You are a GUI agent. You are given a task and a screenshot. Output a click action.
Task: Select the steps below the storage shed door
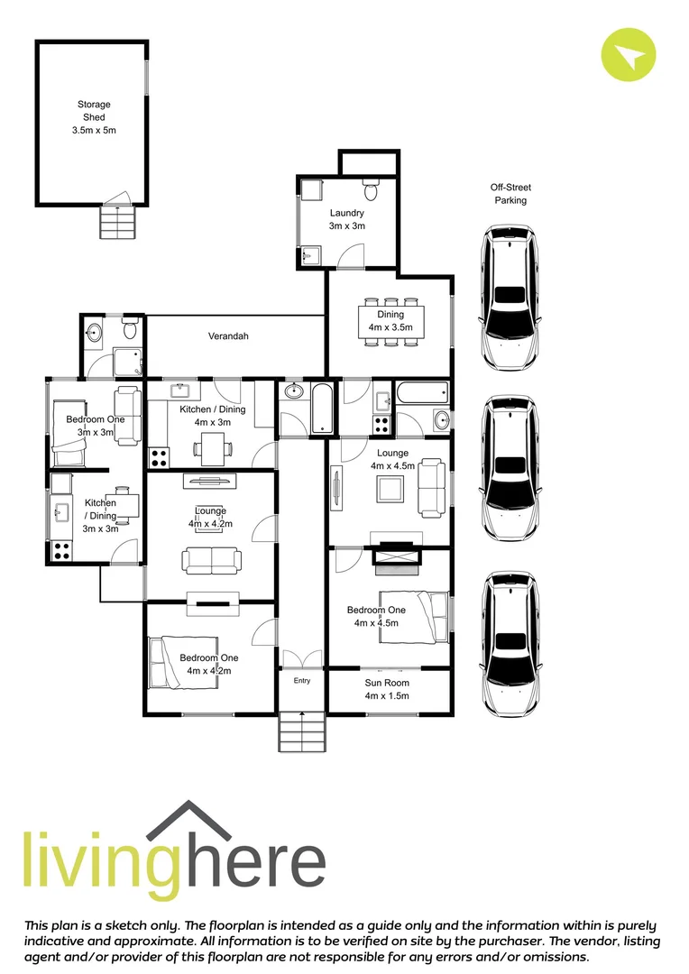coord(116,222)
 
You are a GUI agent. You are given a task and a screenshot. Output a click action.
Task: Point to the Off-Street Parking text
coord(510,194)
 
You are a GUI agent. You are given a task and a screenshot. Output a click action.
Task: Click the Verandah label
coord(228,336)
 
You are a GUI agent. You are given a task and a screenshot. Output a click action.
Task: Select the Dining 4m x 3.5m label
coord(390,321)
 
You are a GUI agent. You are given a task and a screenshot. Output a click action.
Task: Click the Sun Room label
coord(387,689)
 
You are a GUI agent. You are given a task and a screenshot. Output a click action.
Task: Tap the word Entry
coord(301,680)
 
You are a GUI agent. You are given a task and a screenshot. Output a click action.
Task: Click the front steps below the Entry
coord(301,731)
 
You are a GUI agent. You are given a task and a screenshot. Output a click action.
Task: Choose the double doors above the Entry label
coord(301,659)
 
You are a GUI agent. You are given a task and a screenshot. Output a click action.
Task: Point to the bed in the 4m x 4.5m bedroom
coord(413,616)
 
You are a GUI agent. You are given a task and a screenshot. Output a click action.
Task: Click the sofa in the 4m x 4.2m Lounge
coord(212,560)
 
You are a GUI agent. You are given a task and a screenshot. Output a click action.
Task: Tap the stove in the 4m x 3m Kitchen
coord(160,457)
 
